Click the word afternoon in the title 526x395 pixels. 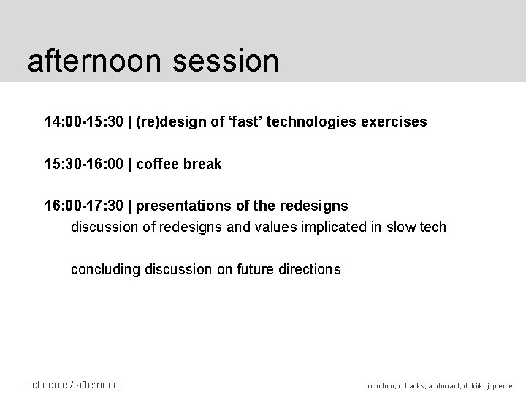pos(95,61)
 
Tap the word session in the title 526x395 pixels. pos(226,61)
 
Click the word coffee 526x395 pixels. pos(161,164)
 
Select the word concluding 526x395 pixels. pos(105,270)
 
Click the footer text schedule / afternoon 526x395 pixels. pos(72,385)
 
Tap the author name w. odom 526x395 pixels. pos(381,386)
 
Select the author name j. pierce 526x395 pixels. pos(498,386)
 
